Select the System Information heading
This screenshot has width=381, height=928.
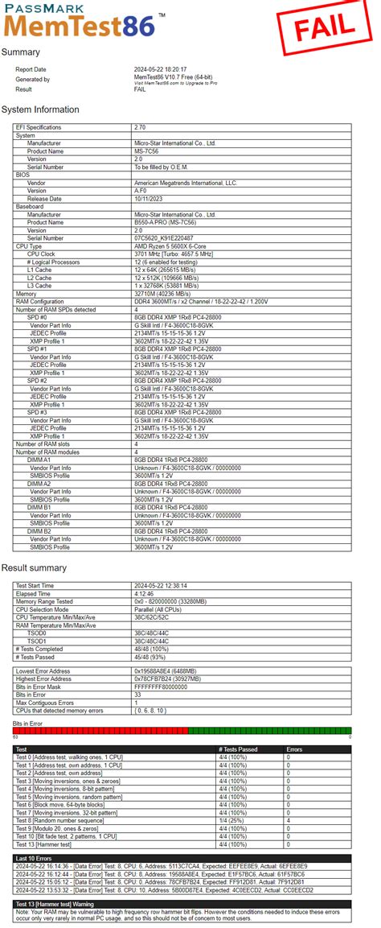pyautogui.click(x=40, y=109)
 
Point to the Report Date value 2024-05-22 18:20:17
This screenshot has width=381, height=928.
pyautogui.click(x=166, y=69)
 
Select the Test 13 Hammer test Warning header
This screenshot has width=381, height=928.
pyautogui.click(x=59, y=903)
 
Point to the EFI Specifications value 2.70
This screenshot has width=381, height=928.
pyautogui.click(x=141, y=127)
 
